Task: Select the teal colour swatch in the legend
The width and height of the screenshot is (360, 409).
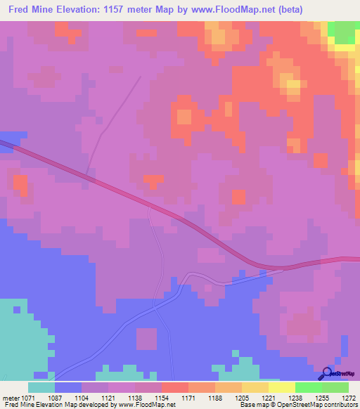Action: tap(41, 387)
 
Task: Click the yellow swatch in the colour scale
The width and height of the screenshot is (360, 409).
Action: tap(281, 387)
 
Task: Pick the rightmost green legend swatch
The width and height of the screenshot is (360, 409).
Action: tap(335, 387)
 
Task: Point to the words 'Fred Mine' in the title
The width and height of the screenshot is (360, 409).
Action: tap(30, 10)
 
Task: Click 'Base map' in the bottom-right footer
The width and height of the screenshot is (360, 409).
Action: tap(254, 405)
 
